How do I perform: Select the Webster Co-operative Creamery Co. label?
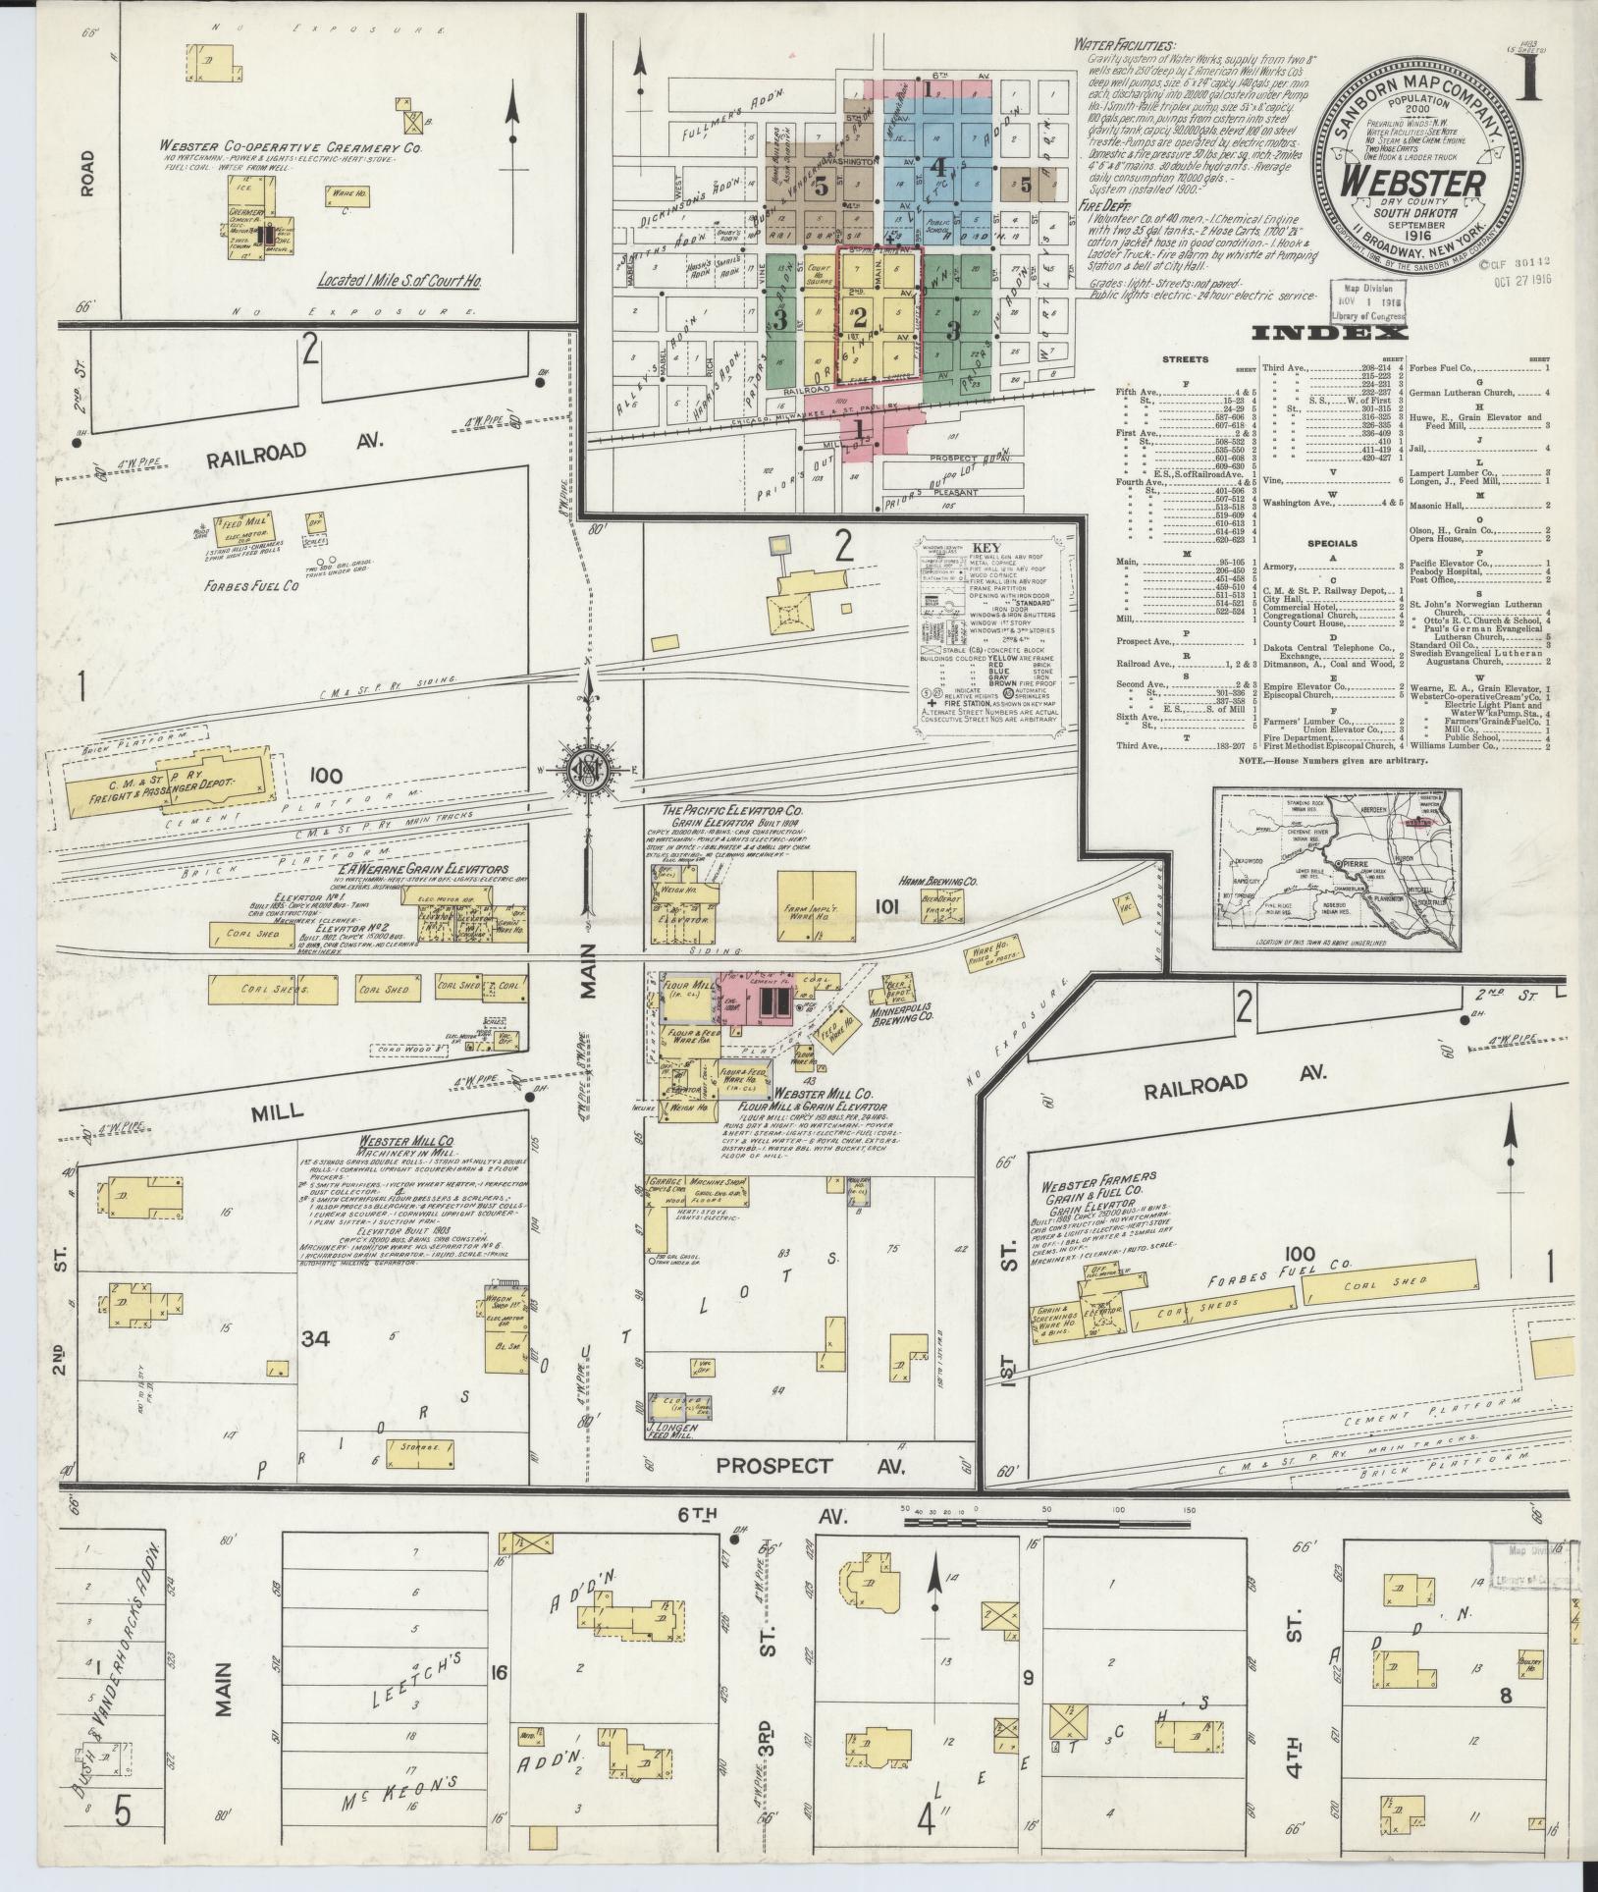292,146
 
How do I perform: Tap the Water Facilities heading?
1123,45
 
